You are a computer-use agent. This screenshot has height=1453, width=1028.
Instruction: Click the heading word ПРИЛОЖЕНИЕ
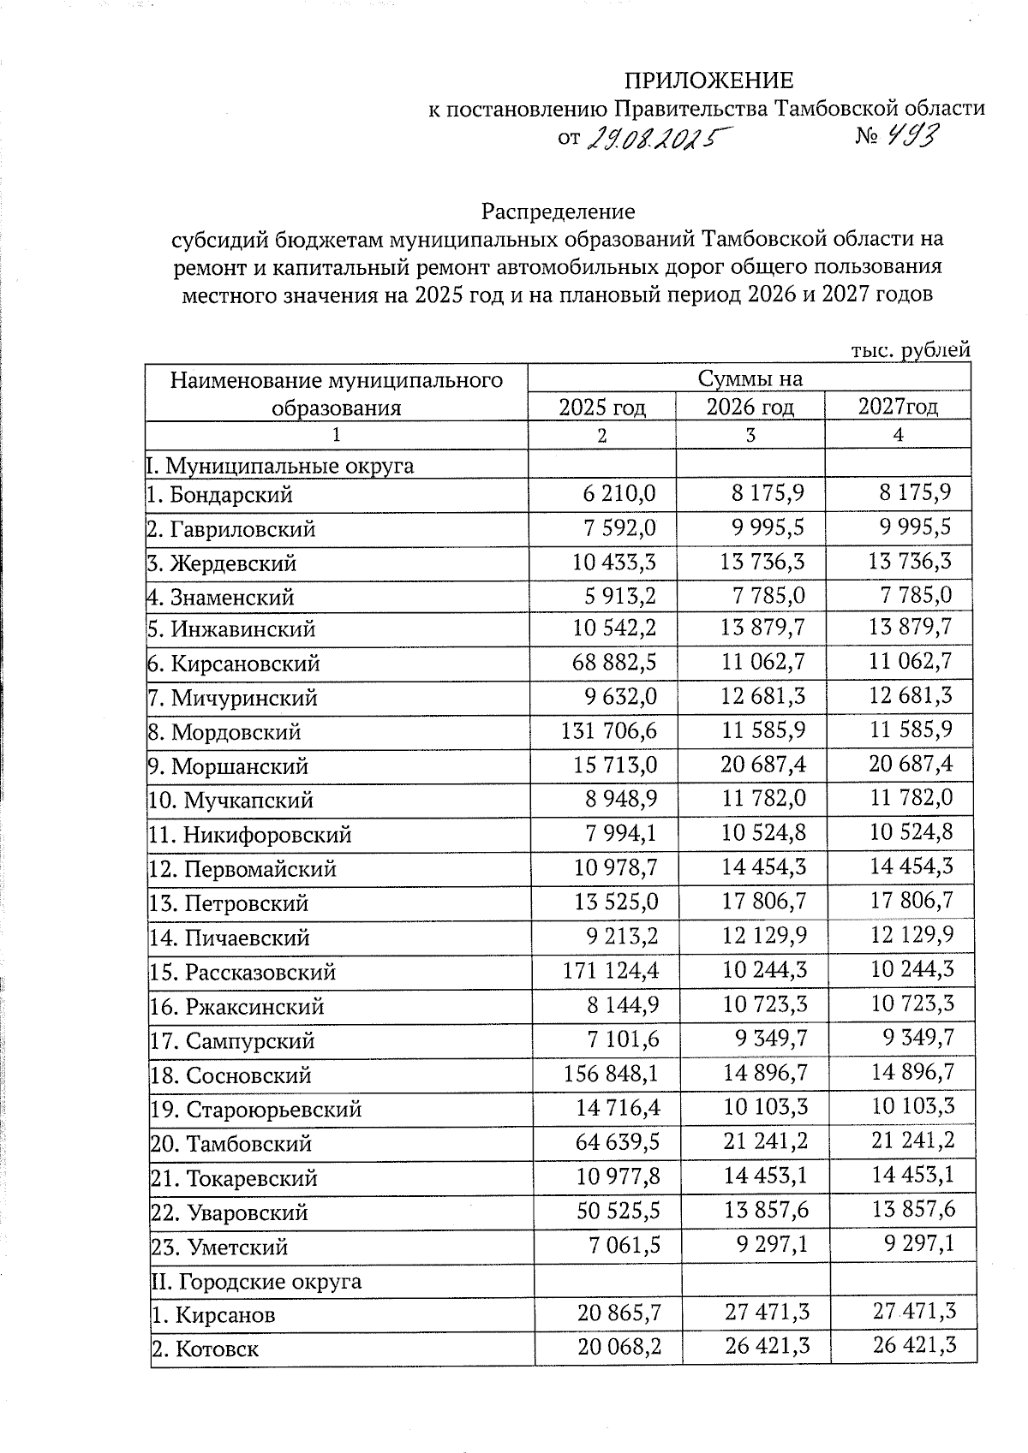pyautogui.click(x=708, y=80)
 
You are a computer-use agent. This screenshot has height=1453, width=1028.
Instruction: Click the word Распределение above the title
pyautogui.click(x=558, y=211)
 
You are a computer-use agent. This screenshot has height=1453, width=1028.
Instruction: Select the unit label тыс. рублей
pyautogui.click(x=910, y=350)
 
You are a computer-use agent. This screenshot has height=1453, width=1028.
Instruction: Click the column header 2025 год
pyautogui.click(x=601, y=407)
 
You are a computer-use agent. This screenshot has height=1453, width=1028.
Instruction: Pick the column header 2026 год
pyautogui.click(x=750, y=407)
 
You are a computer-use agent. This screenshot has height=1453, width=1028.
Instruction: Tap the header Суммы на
pyautogui.click(x=750, y=378)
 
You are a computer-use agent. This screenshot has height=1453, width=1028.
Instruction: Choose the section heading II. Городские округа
pyautogui.click(x=256, y=1282)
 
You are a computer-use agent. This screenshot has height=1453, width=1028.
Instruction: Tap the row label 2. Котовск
pyautogui.click(x=205, y=1350)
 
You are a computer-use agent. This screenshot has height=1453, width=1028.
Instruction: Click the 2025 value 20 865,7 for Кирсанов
pyautogui.click(x=619, y=1312)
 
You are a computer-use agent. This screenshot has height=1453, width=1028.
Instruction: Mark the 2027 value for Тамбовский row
pyautogui.click(x=911, y=1140)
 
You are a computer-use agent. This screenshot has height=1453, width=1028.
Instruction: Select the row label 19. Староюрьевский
pyautogui.click(x=256, y=1110)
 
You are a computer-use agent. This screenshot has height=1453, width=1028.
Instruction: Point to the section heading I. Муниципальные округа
pyautogui.click(x=280, y=467)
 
